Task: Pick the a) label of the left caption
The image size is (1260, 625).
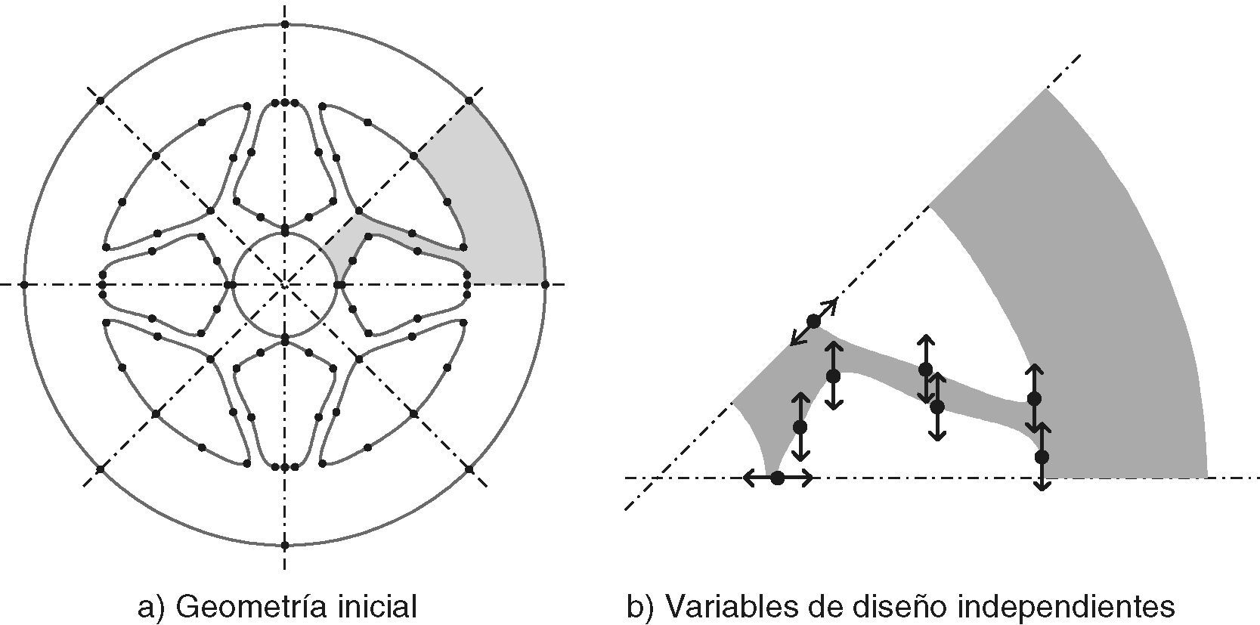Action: click(x=152, y=607)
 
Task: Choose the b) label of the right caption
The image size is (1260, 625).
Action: click(x=641, y=607)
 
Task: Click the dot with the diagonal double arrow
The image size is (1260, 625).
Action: click(x=813, y=322)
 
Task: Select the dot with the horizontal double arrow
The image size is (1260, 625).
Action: click(x=777, y=478)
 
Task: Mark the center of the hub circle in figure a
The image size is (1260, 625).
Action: click(x=285, y=284)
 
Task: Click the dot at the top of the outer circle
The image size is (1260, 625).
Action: click(x=285, y=24)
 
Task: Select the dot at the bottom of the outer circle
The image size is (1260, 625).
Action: click(x=285, y=545)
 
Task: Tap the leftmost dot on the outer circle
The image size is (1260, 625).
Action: click(x=24, y=284)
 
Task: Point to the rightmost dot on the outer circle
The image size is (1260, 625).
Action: click(x=545, y=284)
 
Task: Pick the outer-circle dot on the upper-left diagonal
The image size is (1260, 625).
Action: click(x=101, y=101)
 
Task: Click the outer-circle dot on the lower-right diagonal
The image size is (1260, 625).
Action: click(x=469, y=469)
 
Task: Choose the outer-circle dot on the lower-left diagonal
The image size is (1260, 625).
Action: click(x=101, y=469)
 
